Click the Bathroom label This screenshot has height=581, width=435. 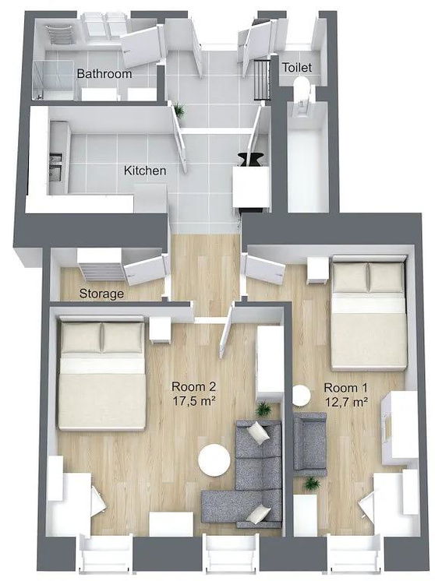click(x=104, y=74)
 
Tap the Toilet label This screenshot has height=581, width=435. click(x=296, y=68)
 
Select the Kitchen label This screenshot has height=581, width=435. click(x=145, y=170)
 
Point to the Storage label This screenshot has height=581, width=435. click(x=101, y=294)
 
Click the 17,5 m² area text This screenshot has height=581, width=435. click(x=193, y=402)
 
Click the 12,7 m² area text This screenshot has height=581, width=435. click(x=345, y=402)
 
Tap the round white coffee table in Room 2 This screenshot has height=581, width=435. click(x=214, y=460)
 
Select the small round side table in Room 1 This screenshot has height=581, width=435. click(x=302, y=396)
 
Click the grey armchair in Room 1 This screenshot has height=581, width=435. click(x=309, y=443)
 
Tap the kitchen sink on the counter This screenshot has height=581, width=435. click(x=55, y=167)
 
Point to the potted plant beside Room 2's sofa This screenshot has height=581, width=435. click(x=263, y=408)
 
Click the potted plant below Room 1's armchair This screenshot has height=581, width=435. click(x=312, y=484)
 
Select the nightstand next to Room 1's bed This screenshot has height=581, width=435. click(x=317, y=269)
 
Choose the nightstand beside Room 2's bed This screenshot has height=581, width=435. click(x=161, y=329)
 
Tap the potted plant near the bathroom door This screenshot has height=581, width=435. click(x=179, y=111)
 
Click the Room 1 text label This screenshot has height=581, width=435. click(x=344, y=388)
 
